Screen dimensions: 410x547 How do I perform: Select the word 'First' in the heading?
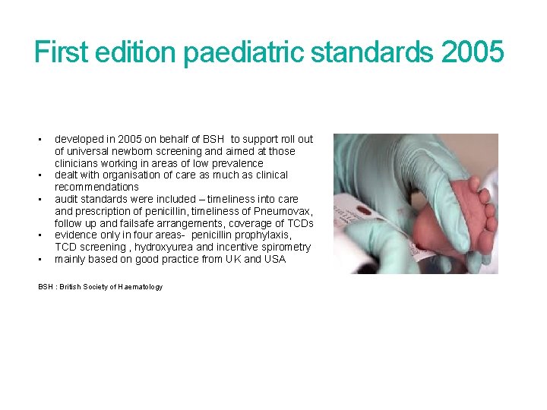pos(62,52)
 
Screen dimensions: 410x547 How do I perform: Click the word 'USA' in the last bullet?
pos(274,260)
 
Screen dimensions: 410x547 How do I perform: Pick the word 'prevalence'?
pos(237,163)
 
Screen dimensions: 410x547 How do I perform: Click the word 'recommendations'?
pos(96,187)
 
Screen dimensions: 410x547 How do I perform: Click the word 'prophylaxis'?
pos(263,235)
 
